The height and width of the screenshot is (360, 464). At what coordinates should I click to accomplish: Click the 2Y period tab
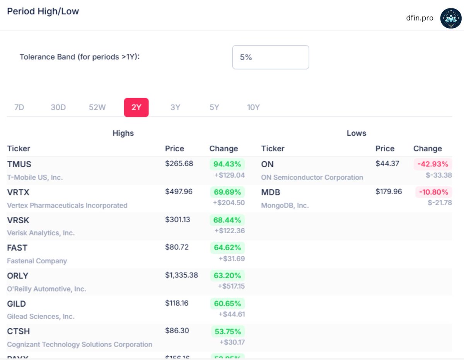pos(136,107)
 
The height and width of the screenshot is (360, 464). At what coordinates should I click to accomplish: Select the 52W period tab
pos(97,107)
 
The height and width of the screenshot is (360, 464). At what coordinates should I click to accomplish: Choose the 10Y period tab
pos(253,107)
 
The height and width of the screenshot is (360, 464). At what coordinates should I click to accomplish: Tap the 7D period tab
pos(19,107)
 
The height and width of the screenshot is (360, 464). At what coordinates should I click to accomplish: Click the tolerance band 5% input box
pos(270,57)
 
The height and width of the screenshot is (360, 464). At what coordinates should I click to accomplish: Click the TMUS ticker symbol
pos(19,164)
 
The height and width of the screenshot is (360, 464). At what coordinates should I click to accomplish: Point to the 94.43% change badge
pos(227,164)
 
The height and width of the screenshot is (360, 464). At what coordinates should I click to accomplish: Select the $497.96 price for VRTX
pos(179,192)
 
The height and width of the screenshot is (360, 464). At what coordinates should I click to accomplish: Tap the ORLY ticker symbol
pos(18,276)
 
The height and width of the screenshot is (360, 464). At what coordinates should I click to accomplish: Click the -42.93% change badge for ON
pos(433,164)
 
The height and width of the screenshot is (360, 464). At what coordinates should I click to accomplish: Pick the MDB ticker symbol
pos(271,192)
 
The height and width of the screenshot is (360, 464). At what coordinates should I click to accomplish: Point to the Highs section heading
pos(123,133)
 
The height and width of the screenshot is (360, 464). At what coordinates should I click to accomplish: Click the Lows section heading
pos(356,133)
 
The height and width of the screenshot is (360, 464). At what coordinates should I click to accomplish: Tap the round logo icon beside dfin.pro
pos(451,18)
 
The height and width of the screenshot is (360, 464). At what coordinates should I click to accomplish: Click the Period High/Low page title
pos(43,11)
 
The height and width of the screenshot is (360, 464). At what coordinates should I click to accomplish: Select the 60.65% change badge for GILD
pos(227,304)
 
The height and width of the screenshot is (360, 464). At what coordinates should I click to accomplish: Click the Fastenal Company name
pos(37,261)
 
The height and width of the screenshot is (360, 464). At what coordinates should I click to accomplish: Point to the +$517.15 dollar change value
pos(231,286)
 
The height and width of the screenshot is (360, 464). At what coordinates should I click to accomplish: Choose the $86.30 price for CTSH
pos(177,331)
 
